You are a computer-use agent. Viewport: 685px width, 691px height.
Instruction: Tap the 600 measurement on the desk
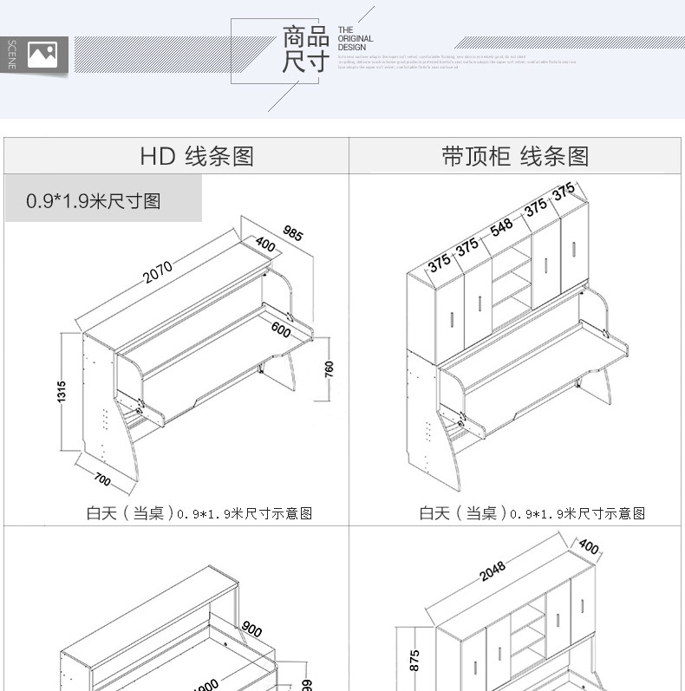click(x=280, y=329)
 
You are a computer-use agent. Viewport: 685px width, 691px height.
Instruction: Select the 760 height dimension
click(x=329, y=368)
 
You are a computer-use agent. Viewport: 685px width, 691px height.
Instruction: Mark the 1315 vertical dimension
click(x=61, y=393)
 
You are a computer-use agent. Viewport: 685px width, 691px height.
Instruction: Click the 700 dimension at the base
click(x=102, y=476)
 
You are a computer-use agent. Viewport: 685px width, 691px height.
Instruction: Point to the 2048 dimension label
click(x=492, y=572)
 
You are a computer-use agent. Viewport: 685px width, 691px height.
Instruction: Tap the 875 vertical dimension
click(x=414, y=661)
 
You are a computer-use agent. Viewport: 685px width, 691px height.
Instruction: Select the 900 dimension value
click(x=251, y=629)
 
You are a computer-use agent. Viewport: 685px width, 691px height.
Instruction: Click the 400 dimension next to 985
click(x=265, y=246)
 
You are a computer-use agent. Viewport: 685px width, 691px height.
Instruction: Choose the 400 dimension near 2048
click(x=589, y=547)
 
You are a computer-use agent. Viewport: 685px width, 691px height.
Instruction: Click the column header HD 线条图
click(x=197, y=156)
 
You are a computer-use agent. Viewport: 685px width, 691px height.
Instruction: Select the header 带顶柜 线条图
click(x=515, y=156)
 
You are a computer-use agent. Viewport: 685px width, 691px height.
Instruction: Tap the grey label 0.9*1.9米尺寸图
click(x=94, y=201)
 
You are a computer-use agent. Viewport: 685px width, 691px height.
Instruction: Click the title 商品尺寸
click(x=306, y=49)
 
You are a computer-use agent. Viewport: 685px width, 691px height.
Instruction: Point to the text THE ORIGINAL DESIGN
click(x=356, y=38)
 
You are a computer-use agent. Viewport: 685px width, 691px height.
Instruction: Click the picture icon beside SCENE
click(x=42, y=55)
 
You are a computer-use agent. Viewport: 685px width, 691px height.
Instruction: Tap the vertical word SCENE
click(x=12, y=55)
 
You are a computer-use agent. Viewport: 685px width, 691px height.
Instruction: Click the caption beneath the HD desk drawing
click(x=199, y=513)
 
